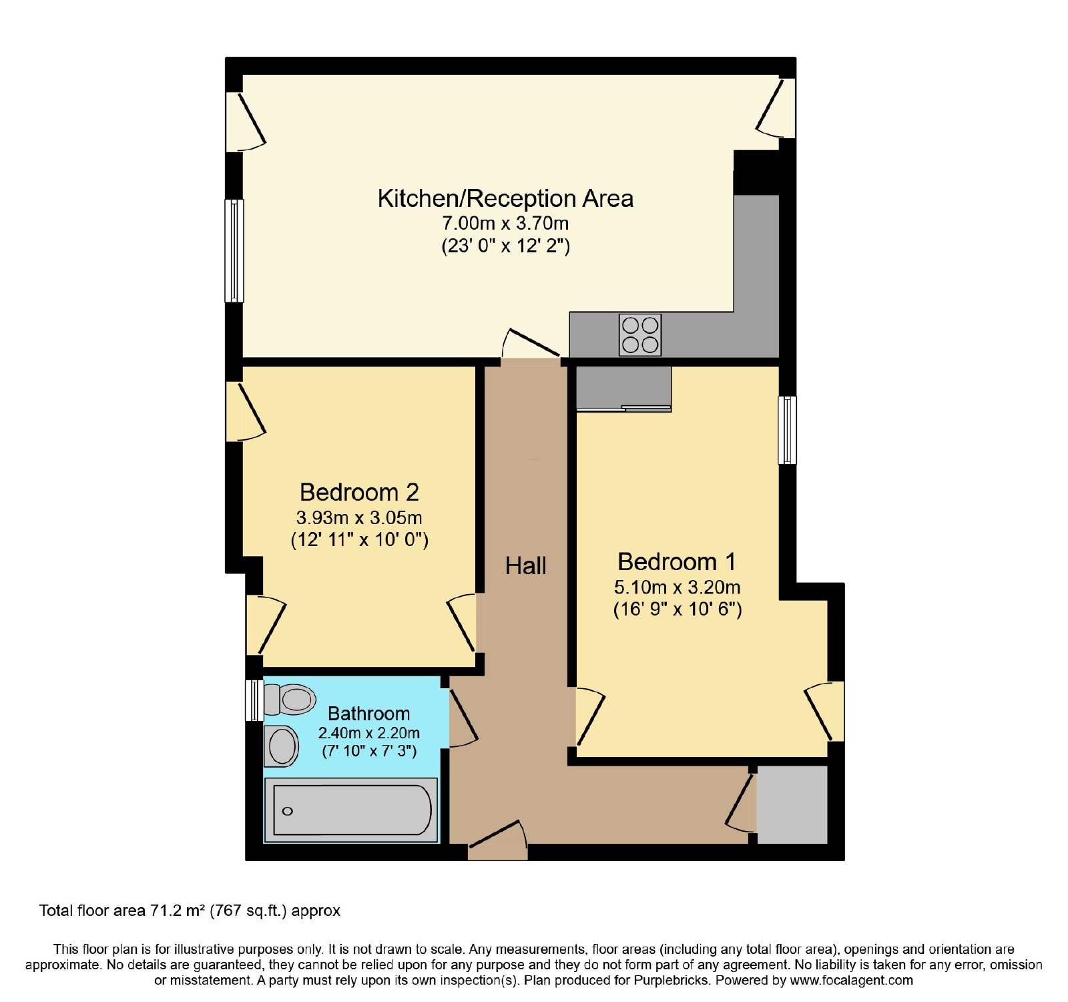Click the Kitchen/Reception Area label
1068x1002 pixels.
[x=505, y=199]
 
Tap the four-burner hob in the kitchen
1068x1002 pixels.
[x=640, y=334]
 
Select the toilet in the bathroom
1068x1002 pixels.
[x=290, y=700]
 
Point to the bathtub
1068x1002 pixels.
[x=352, y=810]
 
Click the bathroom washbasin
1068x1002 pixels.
[x=282, y=746]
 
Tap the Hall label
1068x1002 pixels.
[x=526, y=566]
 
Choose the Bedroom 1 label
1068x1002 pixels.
[x=677, y=562]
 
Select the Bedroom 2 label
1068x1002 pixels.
[x=359, y=493]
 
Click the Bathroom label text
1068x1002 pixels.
[x=368, y=714]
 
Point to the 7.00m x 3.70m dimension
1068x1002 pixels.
[x=505, y=223]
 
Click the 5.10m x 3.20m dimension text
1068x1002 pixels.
[x=677, y=587]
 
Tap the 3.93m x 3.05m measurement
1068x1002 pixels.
[x=359, y=517]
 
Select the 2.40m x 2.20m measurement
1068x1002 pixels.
[x=368, y=733]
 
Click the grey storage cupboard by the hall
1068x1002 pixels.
[x=792, y=804]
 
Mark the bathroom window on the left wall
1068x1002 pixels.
[x=254, y=700]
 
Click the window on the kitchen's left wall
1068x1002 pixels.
[x=234, y=250]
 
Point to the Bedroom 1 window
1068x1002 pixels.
[x=788, y=430]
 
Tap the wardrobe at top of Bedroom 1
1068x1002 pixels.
[x=623, y=389]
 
